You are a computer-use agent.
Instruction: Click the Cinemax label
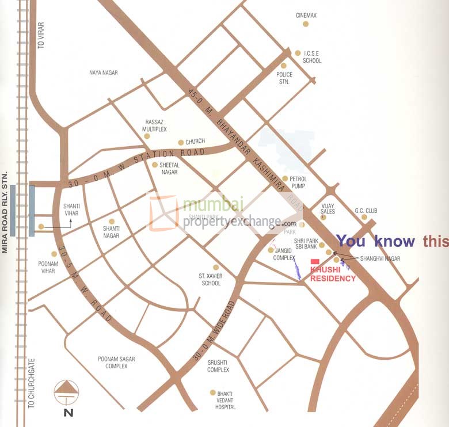306,16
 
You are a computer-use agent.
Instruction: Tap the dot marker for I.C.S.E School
298,53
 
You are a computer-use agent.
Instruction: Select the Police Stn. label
284,78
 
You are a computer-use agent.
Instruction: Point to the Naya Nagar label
104,73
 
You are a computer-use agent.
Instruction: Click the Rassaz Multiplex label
154,126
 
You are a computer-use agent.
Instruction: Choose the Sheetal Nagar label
169,169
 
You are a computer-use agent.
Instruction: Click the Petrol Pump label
298,182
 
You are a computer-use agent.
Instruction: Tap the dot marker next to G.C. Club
364,217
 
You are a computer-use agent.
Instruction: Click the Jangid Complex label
284,254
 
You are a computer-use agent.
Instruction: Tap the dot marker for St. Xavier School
216,267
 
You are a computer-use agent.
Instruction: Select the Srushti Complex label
218,366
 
